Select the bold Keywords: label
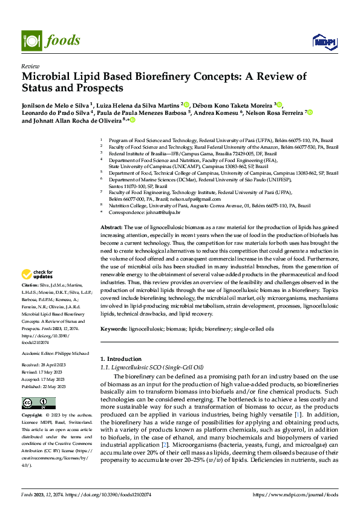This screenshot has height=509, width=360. click(x=114, y=329)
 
